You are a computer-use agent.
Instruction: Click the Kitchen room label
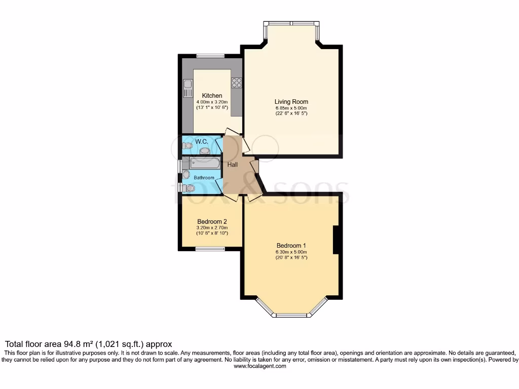pyautogui.click(x=212, y=96)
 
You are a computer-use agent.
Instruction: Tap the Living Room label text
pyautogui.click(x=291, y=102)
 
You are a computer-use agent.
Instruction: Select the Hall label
pyautogui.click(x=233, y=165)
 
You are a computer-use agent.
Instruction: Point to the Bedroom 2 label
pyautogui.click(x=211, y=221)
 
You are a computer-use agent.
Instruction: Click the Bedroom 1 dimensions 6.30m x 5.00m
pyautogui.click(x=291, y=252)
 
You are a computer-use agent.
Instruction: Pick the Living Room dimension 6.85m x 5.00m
pyautogui.click(x=291, y=108)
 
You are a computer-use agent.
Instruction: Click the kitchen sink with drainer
pyautogui.click(x=188, y=89)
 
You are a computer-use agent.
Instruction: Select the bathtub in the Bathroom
pyautogui.click(x=205, y=163)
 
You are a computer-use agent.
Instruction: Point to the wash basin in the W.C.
pyautogui.click(x=205, y=150)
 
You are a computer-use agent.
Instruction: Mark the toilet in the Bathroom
pyautogui.click(x=189, y=188)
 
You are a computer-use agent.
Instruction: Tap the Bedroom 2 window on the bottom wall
pyautogui.click(x=210, y=248)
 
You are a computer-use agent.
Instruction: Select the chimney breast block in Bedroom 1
pyautogui.click(x=336, y=240)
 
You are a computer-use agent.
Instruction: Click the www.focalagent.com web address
pyautogui.click(x=259, y=366)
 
